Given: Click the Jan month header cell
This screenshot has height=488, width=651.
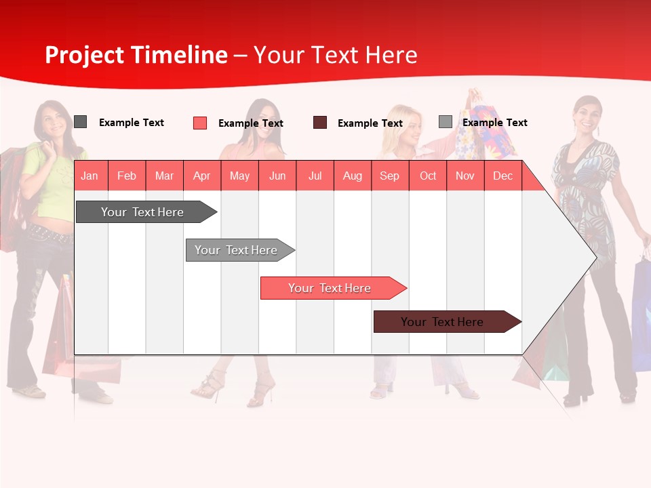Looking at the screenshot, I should [90, 176].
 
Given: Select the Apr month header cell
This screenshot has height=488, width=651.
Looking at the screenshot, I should [202, 176].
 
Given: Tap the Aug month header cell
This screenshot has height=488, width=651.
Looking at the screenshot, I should [352, 176].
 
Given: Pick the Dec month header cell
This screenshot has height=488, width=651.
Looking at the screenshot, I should [502, 176].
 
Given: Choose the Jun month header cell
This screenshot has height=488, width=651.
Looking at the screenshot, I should [277, 176].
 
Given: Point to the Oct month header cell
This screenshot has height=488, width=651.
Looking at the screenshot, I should [428, 176].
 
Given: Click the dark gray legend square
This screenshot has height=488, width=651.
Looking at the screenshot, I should [80, 122].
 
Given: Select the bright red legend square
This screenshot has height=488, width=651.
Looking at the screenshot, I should [199, 123].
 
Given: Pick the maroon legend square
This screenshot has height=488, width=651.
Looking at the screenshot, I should [319, 123].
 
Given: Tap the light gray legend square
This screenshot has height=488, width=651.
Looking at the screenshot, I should [445, 122].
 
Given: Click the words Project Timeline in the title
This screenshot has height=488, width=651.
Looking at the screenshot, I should [136, 55].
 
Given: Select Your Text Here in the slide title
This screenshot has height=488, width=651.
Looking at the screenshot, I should [335, 55].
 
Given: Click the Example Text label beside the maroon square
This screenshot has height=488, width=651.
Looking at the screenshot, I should [370, 123].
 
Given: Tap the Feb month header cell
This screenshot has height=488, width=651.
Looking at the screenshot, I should [127, 176].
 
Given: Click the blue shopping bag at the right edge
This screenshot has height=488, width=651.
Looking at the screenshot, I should [642, 312].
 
